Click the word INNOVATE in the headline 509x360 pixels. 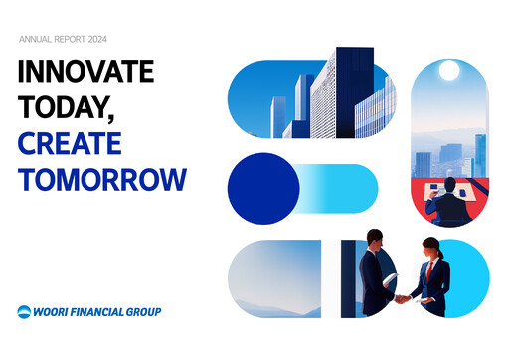[x=85, y=73]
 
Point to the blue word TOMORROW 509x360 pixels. [x=101, y=180]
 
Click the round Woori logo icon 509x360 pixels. [x=24, y=311]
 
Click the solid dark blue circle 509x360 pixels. [x=261, y=189]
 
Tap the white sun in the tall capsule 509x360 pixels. [x=448, y=71]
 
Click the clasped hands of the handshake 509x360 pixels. [x=402, y=297]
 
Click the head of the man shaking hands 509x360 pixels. [x=375, y=239]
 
